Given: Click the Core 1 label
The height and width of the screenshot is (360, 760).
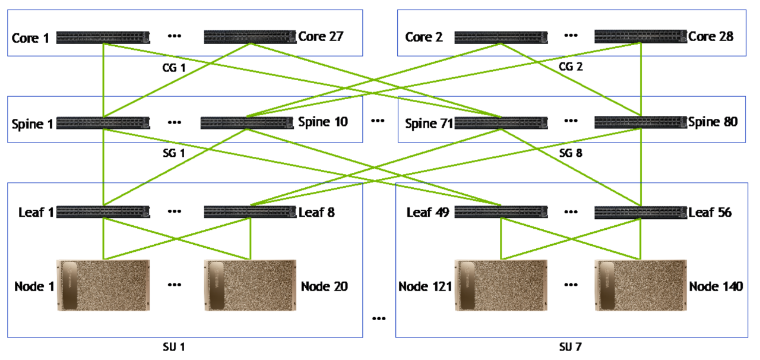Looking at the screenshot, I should click(30, 39).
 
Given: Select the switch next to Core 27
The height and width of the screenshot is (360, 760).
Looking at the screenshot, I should click(249, 37).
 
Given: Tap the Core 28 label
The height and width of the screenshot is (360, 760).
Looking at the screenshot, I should click(711, 37).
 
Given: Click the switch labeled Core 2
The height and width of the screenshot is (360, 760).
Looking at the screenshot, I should click(501, 37).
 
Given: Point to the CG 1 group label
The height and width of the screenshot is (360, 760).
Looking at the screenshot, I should click(174, 68).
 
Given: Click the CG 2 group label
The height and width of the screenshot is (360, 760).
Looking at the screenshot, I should click(571, 67).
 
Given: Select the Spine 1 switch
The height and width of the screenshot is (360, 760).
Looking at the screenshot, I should click(103, 124).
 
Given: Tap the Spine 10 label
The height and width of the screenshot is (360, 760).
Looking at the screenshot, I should click(322, 122).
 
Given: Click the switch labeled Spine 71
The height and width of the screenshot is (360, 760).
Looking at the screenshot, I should click(501, 123).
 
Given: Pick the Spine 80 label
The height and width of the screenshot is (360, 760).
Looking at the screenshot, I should click(712, 122).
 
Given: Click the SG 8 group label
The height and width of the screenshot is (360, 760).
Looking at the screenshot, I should click(571, 153).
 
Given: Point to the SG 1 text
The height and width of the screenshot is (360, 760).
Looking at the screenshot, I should click(174, 153).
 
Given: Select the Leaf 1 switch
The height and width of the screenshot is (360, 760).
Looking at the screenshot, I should click(103, 212).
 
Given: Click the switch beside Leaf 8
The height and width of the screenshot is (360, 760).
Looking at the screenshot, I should click(249, 212).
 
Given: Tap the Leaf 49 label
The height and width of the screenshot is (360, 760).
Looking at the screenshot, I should click(427, 212).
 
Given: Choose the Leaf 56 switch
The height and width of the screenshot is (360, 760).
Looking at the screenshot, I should click(640, 212).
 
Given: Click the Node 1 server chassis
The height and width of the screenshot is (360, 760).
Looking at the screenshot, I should click(103, 285).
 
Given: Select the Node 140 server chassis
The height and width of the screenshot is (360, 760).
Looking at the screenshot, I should click(640, 285).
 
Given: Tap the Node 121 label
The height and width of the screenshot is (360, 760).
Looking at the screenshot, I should click(425, 287).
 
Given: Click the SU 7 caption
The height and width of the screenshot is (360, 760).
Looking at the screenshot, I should click(571, 346).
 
